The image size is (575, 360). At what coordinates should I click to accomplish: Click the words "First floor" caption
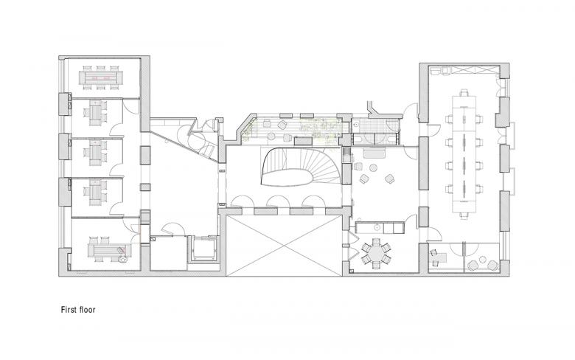pos(78,311)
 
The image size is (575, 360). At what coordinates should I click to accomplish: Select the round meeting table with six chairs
pos(379,253)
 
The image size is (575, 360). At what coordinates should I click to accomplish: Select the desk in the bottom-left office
pos(104,249)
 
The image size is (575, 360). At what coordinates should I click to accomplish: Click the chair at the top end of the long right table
pos(464,93)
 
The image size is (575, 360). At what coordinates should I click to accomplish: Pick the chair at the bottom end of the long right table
pos(465,215)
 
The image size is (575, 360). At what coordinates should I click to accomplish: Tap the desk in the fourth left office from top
pos(97,191)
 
